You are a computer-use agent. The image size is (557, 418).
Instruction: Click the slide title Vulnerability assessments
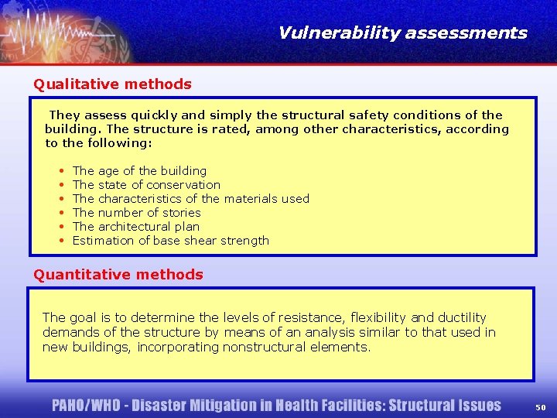pos(402,33)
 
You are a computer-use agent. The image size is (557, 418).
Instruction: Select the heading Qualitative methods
pos(112,84)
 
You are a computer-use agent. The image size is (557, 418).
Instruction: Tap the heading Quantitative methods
pos(118,274)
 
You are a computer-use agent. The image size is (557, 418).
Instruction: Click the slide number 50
pos(540,406)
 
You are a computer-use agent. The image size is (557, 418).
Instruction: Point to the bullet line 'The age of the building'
pos(139,170)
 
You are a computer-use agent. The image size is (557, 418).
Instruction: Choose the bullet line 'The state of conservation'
pos(146,184)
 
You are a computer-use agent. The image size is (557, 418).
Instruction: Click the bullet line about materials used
pos(190,198)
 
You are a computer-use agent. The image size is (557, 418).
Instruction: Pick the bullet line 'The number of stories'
pos(136,212)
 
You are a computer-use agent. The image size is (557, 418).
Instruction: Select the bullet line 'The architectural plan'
pos(135,226)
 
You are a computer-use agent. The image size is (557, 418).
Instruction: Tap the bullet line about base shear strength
pos(170,240)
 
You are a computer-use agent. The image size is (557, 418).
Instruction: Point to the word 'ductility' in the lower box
pos(462,317)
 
